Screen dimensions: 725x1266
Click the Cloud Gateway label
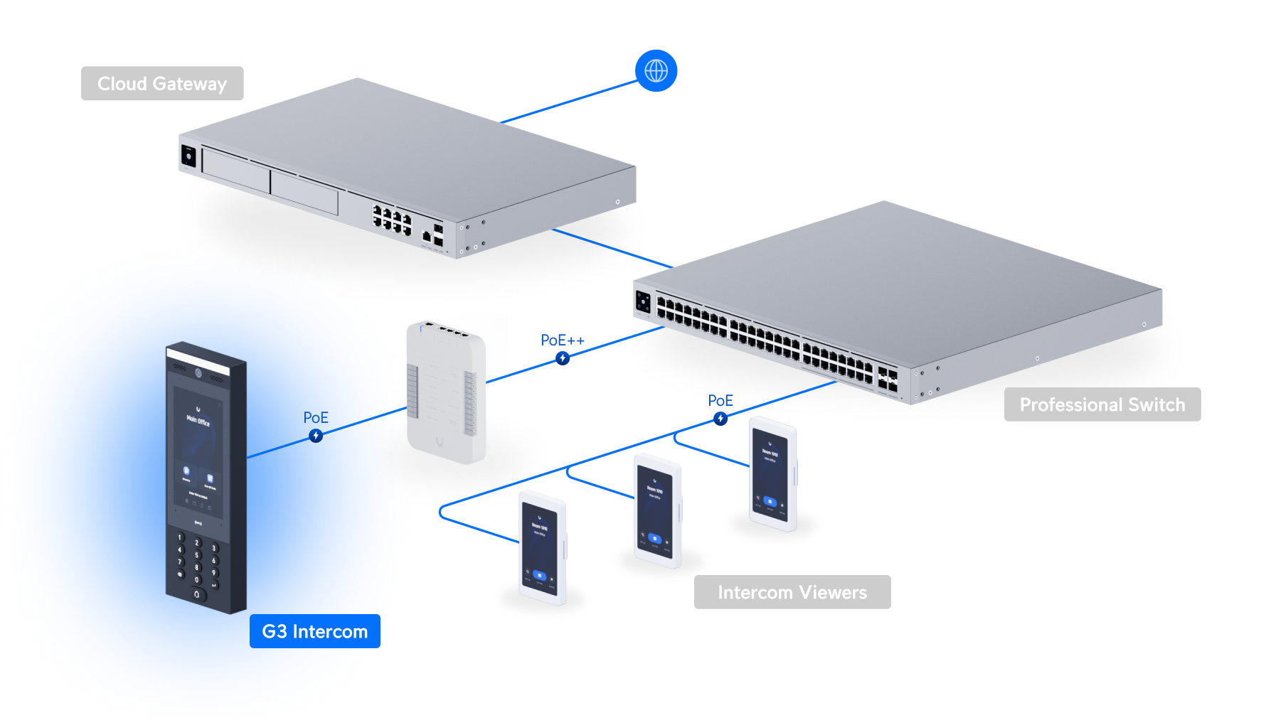coord(162,84)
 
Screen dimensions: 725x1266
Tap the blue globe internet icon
coord(656,70)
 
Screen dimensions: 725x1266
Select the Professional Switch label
coord(1102,404)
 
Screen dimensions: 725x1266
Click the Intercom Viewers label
coord(792,592)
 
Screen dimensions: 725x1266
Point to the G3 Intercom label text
coord(314,631)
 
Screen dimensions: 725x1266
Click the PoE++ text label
coord(562,340)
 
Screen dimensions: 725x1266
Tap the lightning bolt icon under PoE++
coord(563,358)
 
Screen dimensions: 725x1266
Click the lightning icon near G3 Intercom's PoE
coord(316,436)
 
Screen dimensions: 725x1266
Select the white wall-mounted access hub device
coord(447,394)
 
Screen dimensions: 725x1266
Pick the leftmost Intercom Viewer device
coord(543,547)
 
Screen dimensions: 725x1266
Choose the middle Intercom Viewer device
coord(657,510)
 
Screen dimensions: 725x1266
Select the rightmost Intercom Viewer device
coord(773,474)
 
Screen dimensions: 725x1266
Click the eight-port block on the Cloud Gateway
coord(392,219)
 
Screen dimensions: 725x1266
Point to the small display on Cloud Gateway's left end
coord(188,156)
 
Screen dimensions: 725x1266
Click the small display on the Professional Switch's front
coord(643,301)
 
